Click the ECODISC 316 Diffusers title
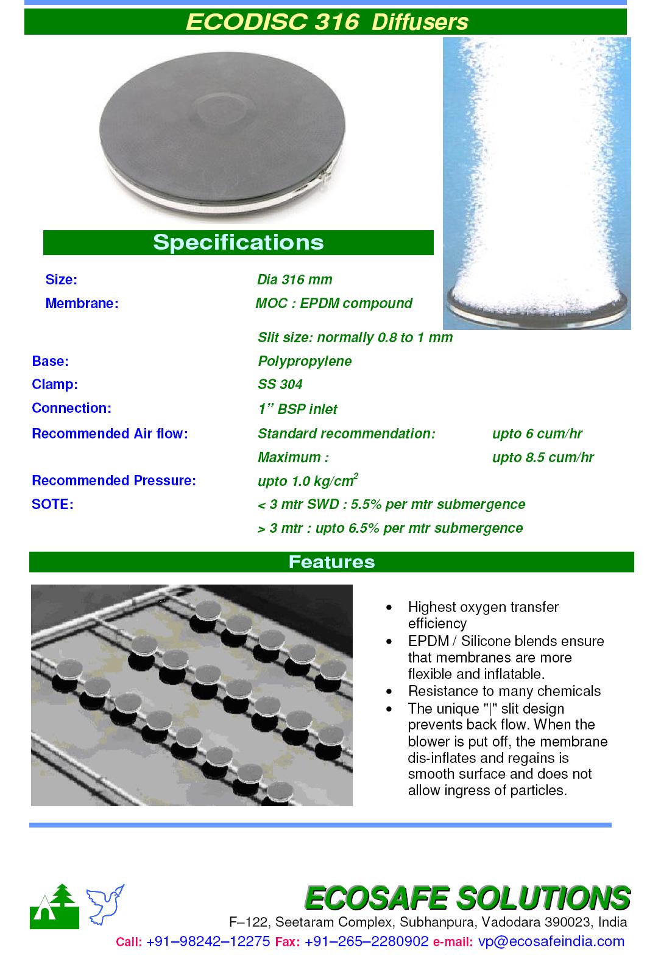[x=327, y=22]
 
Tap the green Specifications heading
[x=238, y=242]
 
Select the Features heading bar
[x=331, y=561]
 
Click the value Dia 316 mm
[x=295, y=279]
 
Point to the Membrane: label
[x=82, y=303]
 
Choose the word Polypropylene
[x=305, y=361]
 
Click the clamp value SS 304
[x=280, y=384]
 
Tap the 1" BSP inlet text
[x=297, y=409]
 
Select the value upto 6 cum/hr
[x=537, y=434]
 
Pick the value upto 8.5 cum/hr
[x=542, y=457]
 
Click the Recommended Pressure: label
[x=114, y=480]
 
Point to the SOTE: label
[x=52, y=504]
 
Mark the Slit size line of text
[x=355, y=337]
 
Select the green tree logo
[x=55, y=907]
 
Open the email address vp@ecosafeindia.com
[x=551, y=941]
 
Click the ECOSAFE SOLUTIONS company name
[x=467, y=898]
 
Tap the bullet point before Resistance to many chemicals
[x=389, y=692]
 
